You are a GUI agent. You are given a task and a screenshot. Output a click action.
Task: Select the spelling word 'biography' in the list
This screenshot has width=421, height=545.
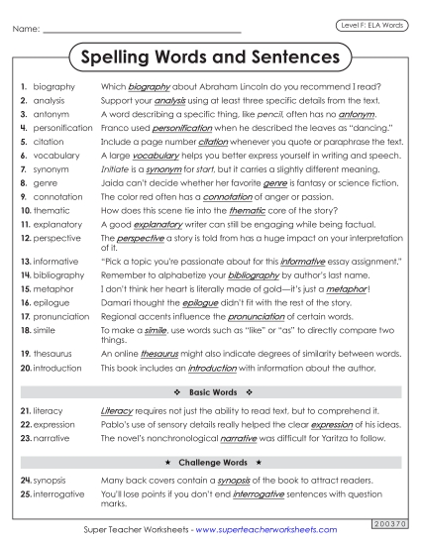[x=53, y=87]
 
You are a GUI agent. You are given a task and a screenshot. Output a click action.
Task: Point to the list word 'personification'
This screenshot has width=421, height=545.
[x=63, y=128]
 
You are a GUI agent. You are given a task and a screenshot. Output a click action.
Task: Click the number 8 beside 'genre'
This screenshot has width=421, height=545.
[x=22, y=183]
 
